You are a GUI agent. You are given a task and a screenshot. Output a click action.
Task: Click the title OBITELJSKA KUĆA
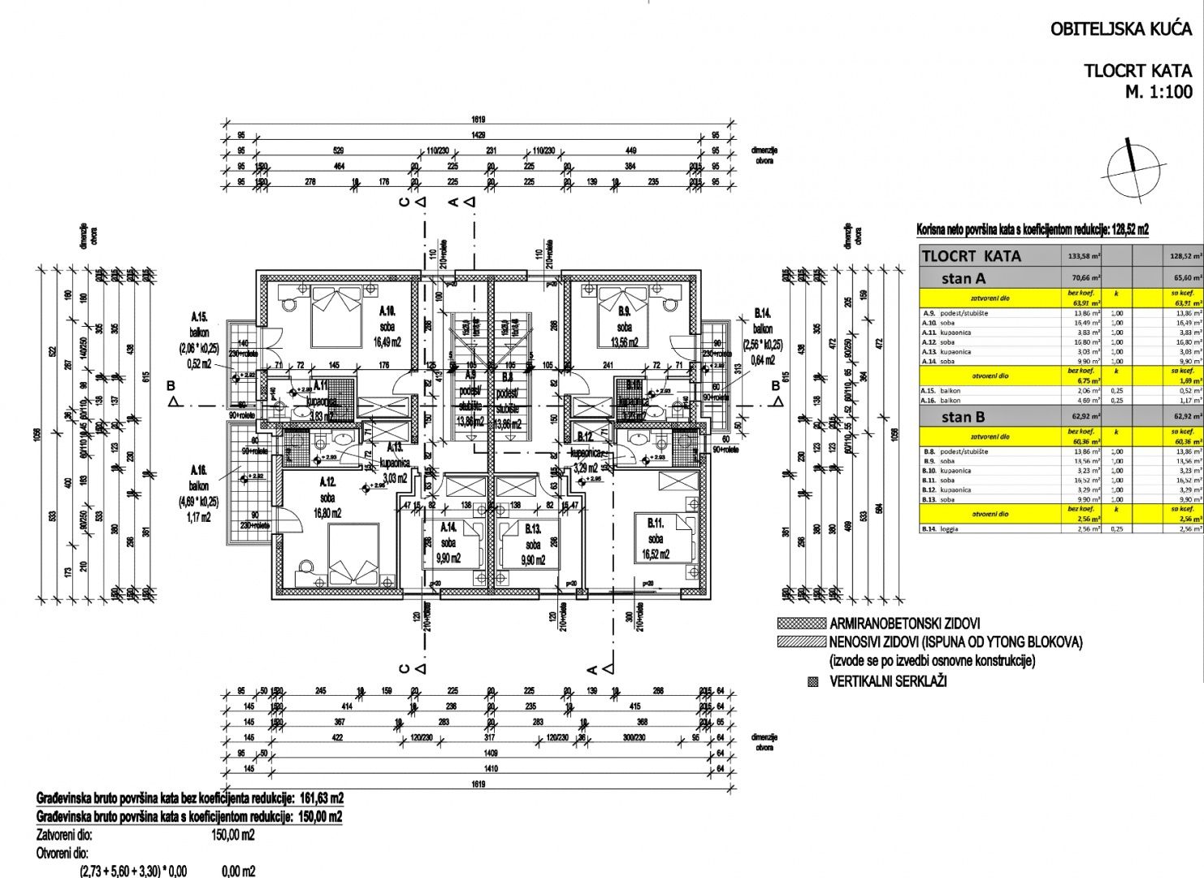(x=1121, y=30)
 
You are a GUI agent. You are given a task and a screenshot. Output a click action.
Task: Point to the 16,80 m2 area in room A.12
(x=327, y=513)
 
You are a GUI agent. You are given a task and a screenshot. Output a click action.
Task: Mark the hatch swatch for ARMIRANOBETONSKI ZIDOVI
(x=800, y=624)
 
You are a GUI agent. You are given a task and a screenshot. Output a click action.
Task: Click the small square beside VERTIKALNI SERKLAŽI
(x=812, y=681)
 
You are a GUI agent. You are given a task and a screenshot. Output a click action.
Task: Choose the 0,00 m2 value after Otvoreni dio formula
(x=238, y=871)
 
